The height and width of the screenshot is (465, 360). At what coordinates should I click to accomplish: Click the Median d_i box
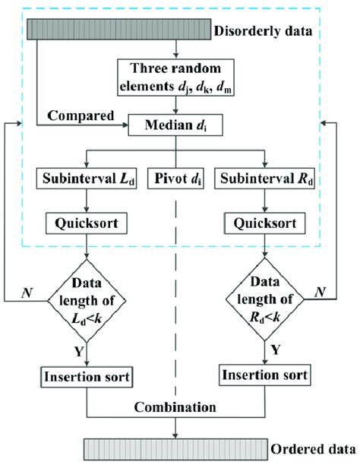(x=178, y=125)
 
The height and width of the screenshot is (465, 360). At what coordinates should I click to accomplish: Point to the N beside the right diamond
(x=321, y=289)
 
